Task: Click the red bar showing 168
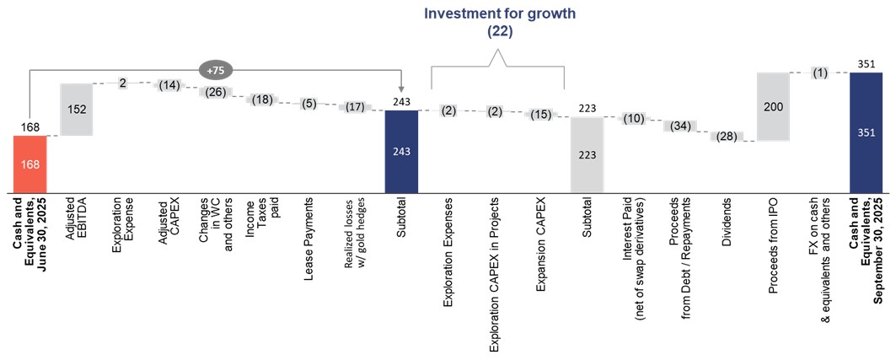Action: pos(30,163)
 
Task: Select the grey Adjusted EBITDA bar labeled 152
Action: pos(78,109)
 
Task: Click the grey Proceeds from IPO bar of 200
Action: pos(773,107)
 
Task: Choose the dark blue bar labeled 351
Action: pos(866,132)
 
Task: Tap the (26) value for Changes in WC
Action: pos(216,92)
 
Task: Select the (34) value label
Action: pos(680,126)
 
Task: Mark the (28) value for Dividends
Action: pos(727,137)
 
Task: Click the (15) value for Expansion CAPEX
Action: pos(541,114)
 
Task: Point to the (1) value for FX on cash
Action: pos(820,73)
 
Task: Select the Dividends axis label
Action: pos(727,224)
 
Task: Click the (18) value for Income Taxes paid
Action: pos(262,99)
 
